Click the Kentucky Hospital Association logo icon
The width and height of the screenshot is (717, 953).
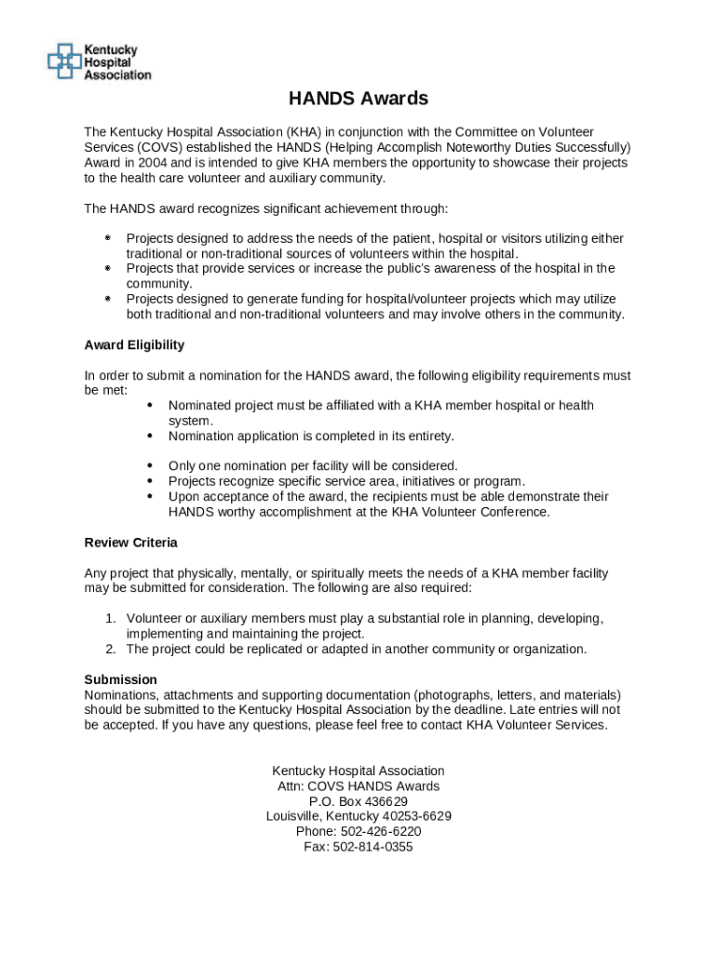pos(63,60)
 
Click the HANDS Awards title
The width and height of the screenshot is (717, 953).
pos(358,99)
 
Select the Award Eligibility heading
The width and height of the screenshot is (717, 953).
pos(134,345)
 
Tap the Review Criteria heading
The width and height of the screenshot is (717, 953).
pos(130,543)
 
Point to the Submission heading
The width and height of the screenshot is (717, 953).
pos(120,679)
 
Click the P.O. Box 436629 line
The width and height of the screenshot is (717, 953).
pos(358,801)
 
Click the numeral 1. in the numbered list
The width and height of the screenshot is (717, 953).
pos(110,619)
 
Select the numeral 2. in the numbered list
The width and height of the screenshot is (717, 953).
pos(110,650)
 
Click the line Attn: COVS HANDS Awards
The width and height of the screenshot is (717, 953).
pos(358,786)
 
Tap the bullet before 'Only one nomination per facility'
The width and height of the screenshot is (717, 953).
pos(150,465)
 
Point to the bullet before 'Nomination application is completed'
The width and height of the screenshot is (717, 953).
pos(150,436)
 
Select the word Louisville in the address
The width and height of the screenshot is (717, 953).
pos(295,816)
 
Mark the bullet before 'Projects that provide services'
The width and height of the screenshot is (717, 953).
pos(108,269)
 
